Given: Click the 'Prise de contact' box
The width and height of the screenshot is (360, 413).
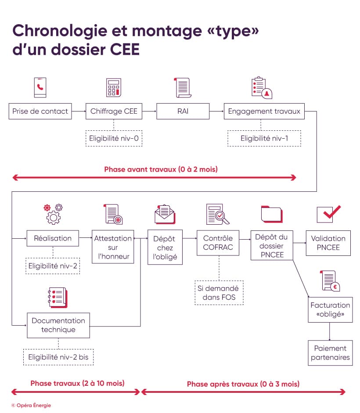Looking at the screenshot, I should click(x=40, y=111).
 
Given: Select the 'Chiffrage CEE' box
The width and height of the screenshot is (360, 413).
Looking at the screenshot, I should click(x=114, y=111).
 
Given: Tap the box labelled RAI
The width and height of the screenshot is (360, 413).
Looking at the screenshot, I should click(x=183, y=111).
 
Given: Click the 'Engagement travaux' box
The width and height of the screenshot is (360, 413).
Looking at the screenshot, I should click(x=264, y=111).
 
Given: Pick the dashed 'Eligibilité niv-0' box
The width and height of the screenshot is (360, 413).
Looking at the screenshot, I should click(x=114, y=138).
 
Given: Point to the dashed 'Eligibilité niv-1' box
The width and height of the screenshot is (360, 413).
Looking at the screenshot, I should click(x=264, y=138).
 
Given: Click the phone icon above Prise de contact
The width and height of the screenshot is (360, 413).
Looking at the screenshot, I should click(x=40, y=87).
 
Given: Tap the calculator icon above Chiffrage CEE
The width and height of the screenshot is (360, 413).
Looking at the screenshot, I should click(x=114, y=87).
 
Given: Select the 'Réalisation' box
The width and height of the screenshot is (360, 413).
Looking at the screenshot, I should click(x=53, y=238).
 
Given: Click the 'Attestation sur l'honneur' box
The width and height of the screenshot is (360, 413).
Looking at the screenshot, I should click(x=113, y=247).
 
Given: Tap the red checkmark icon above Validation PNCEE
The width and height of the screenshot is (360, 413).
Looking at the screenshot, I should click(x=328, y=213).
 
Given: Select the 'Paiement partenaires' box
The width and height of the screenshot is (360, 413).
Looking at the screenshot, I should click(x=330, y=352).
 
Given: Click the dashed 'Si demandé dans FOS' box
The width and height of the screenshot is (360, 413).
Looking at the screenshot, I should click(x=219, y=293).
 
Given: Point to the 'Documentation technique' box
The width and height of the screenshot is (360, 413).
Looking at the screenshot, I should click(x=58, y=325).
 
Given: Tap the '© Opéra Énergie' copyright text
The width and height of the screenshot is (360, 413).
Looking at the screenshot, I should click(x=31, y=405).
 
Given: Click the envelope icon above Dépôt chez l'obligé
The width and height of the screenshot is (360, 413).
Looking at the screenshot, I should click(x=165, y=214).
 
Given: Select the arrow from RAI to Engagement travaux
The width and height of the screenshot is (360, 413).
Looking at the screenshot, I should click(x=216, y=111).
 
